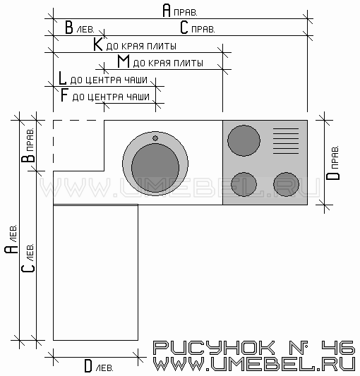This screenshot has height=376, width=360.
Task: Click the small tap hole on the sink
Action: click(155, 138)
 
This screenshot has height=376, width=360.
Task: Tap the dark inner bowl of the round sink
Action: click(155, 167)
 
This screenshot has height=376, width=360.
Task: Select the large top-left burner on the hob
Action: click(244, 140)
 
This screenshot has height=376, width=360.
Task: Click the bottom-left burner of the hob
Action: click(244, 184)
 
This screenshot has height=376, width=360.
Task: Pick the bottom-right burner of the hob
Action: click(287, 184)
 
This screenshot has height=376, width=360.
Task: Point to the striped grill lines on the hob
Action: click(286, 141)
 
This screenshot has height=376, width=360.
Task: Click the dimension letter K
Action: click(97, 44)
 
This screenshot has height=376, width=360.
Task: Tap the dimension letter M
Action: click(124, 61)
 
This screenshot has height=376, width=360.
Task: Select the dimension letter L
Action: click(62, 78)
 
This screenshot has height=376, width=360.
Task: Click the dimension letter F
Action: click(64, 95)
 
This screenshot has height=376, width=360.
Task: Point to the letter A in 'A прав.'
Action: click(167, 11)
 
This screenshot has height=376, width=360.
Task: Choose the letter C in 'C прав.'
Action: click(184, 28)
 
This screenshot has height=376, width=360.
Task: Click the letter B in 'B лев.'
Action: click(69, 28)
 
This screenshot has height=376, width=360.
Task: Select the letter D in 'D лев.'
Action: click(88, 366)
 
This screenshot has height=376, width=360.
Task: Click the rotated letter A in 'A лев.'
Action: click(11, 250)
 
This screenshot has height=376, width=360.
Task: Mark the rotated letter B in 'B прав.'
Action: click(28, 159)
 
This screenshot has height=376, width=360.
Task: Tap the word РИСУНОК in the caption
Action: click(214, 348)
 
